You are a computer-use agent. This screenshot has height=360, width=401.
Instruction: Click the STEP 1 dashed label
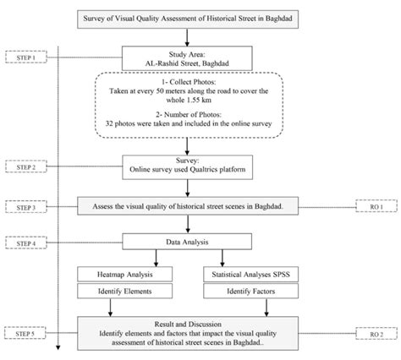click(x=27, y=57)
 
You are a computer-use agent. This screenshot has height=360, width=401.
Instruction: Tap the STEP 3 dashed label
click(x=27, y=206)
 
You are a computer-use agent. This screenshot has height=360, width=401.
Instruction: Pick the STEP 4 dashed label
click(x=27, y=243)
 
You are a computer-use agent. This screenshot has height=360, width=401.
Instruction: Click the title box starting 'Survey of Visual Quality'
click(x=200, y=16)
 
